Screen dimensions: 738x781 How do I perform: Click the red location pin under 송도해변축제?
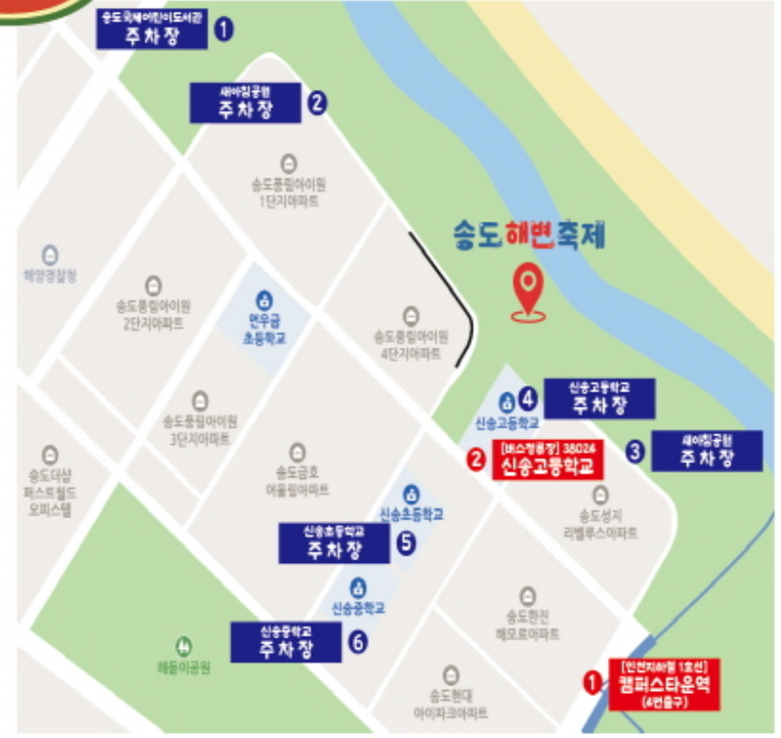pyautogui.click(x=528, y=288)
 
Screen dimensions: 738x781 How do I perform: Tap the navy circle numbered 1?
pyautogui.click(x=224, y=30)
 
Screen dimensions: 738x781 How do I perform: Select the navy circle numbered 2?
pyautogui.click(x=317, y=102)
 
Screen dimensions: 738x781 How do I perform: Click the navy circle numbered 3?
pyautogui.click(x=636, y=452)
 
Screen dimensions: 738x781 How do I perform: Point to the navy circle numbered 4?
pyautogui.click(x=528, y=398)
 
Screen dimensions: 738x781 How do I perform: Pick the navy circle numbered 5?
pyautogui.click(x=407, y=545)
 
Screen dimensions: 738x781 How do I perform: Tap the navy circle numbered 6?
pyautogui.click(x=357, y=641)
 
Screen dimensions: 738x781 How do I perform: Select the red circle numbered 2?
pyautogui.click(x=476, y=457)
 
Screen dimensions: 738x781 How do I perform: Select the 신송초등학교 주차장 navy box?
pyautogui.click(x=334, y=543)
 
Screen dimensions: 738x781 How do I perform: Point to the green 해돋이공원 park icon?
pyautogui.click(x=185, y=645)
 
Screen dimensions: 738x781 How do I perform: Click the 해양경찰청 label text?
pyautogui.click(x=50, y=276)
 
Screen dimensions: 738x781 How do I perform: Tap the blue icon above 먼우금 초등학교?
pyautogui.click(x=264, y=300)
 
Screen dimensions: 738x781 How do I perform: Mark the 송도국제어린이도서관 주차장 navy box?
pyautogui.click(x=153, y=28)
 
